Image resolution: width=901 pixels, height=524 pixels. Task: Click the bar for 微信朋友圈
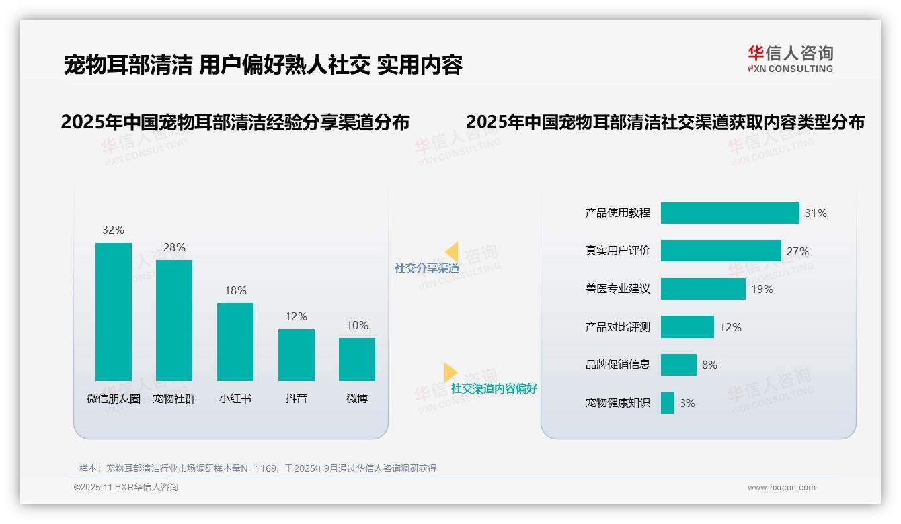coord(114,312)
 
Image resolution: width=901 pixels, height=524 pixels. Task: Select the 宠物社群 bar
coord(174,320)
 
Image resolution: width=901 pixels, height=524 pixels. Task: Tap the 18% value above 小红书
coord(235,290)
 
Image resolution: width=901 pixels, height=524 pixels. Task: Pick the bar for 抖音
coord(296,355)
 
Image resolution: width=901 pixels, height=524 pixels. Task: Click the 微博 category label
coord(357,398)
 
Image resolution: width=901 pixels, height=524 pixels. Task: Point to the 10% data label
coord(357,325)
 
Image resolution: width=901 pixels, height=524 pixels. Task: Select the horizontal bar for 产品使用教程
coord(730,213)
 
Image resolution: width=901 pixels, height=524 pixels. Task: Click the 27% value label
coord(797,251)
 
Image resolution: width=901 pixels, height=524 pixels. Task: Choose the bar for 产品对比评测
coord(687,327)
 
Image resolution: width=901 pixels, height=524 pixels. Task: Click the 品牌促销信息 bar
coord(678,365)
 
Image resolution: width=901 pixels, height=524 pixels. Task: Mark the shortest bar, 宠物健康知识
coord(667,403)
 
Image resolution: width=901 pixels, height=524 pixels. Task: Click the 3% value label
coord(687,403)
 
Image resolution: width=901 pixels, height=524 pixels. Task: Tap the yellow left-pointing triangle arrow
coord(451,252)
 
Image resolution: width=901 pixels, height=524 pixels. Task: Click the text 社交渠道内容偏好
coord(494,388)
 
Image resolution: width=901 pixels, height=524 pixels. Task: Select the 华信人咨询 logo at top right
coord(790,58)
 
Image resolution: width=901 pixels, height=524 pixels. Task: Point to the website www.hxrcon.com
coord(781,488)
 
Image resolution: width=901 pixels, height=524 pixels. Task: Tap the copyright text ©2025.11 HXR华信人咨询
coord(126,488)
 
